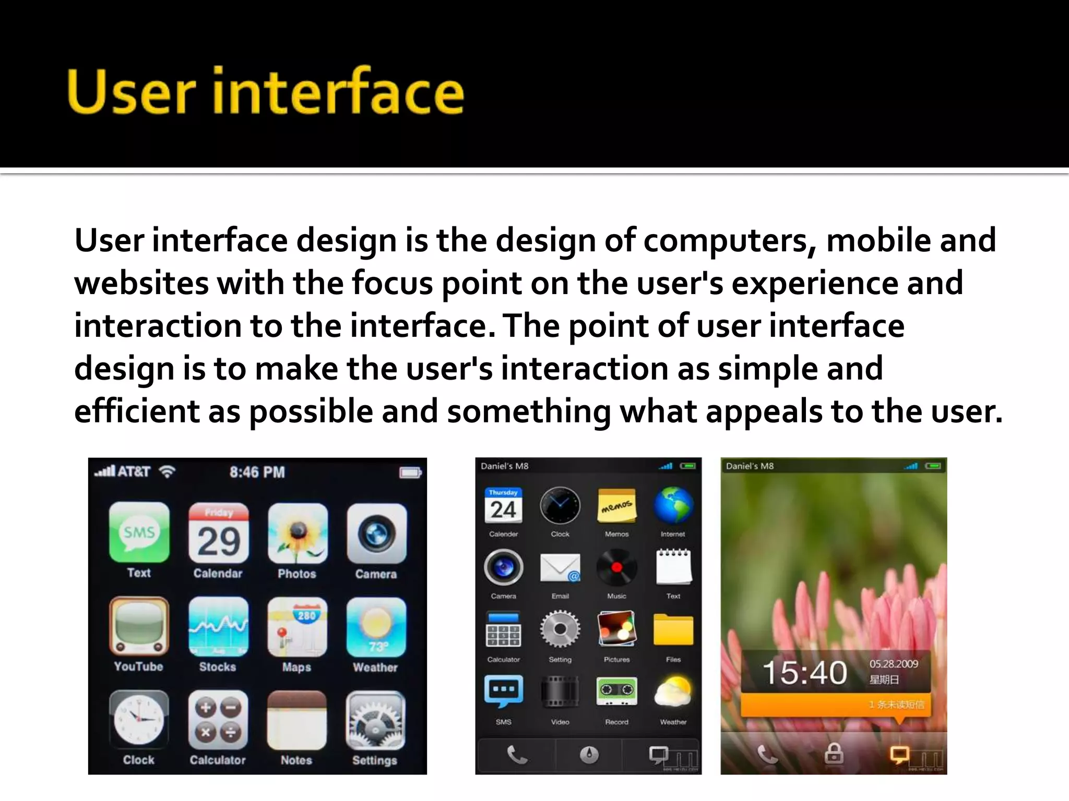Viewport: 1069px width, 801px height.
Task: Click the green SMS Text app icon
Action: [x=139, y=532]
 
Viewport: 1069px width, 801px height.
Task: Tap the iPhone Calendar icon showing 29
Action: [x=219, y=533]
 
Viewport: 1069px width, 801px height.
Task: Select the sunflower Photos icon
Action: [x=298, y=533]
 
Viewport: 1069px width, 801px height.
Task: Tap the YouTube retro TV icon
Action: [x=139, y=626]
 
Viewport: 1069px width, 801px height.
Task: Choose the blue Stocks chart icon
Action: [x=218, y=626]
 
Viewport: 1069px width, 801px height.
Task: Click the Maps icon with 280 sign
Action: [x=297, y=627]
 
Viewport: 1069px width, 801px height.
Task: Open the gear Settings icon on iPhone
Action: [x=375, y=720]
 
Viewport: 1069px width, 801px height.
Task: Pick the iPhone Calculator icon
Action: [x=218, y=720]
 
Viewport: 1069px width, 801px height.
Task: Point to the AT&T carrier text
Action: [x=134, y=472]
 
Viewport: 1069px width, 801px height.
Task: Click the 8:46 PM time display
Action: [x=257, y=472]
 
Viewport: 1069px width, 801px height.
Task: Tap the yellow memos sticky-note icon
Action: [x=616, y=506]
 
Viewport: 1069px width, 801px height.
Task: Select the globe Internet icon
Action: [x=673, y=505]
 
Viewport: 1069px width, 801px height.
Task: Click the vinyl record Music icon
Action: [x=616, y=567]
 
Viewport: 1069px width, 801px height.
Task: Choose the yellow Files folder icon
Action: [x=673, y=629]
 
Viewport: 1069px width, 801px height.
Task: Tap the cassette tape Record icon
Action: [x=616, y=691]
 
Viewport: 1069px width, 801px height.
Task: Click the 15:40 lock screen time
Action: [x=804, y=672]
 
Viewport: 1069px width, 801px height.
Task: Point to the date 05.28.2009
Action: [x=894, y=664]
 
